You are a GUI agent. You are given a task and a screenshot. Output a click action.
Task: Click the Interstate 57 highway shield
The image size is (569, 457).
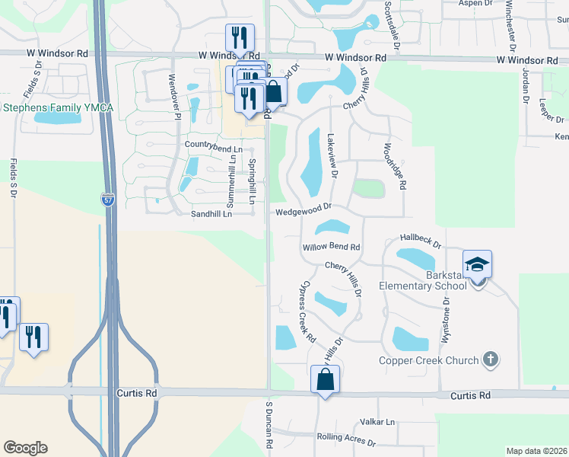(x=108, y=200)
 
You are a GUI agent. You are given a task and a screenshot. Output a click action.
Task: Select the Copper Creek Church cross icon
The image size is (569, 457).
(x=491, y=359)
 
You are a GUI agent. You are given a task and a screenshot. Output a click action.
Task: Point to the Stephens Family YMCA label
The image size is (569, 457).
(x=57, y=108)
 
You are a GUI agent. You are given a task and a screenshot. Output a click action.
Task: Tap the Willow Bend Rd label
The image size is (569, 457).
(x=331, y=248)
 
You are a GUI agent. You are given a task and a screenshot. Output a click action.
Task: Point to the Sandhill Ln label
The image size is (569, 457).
(x=211, y=214)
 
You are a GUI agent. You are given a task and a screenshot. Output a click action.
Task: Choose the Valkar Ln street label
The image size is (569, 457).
(x=378, y=422)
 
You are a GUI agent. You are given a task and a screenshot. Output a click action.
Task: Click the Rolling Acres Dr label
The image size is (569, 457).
(x=346, y=440)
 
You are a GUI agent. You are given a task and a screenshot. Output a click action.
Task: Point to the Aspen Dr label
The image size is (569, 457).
(x=476, y=3)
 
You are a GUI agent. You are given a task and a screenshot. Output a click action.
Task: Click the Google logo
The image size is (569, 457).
(x=25, y=447)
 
